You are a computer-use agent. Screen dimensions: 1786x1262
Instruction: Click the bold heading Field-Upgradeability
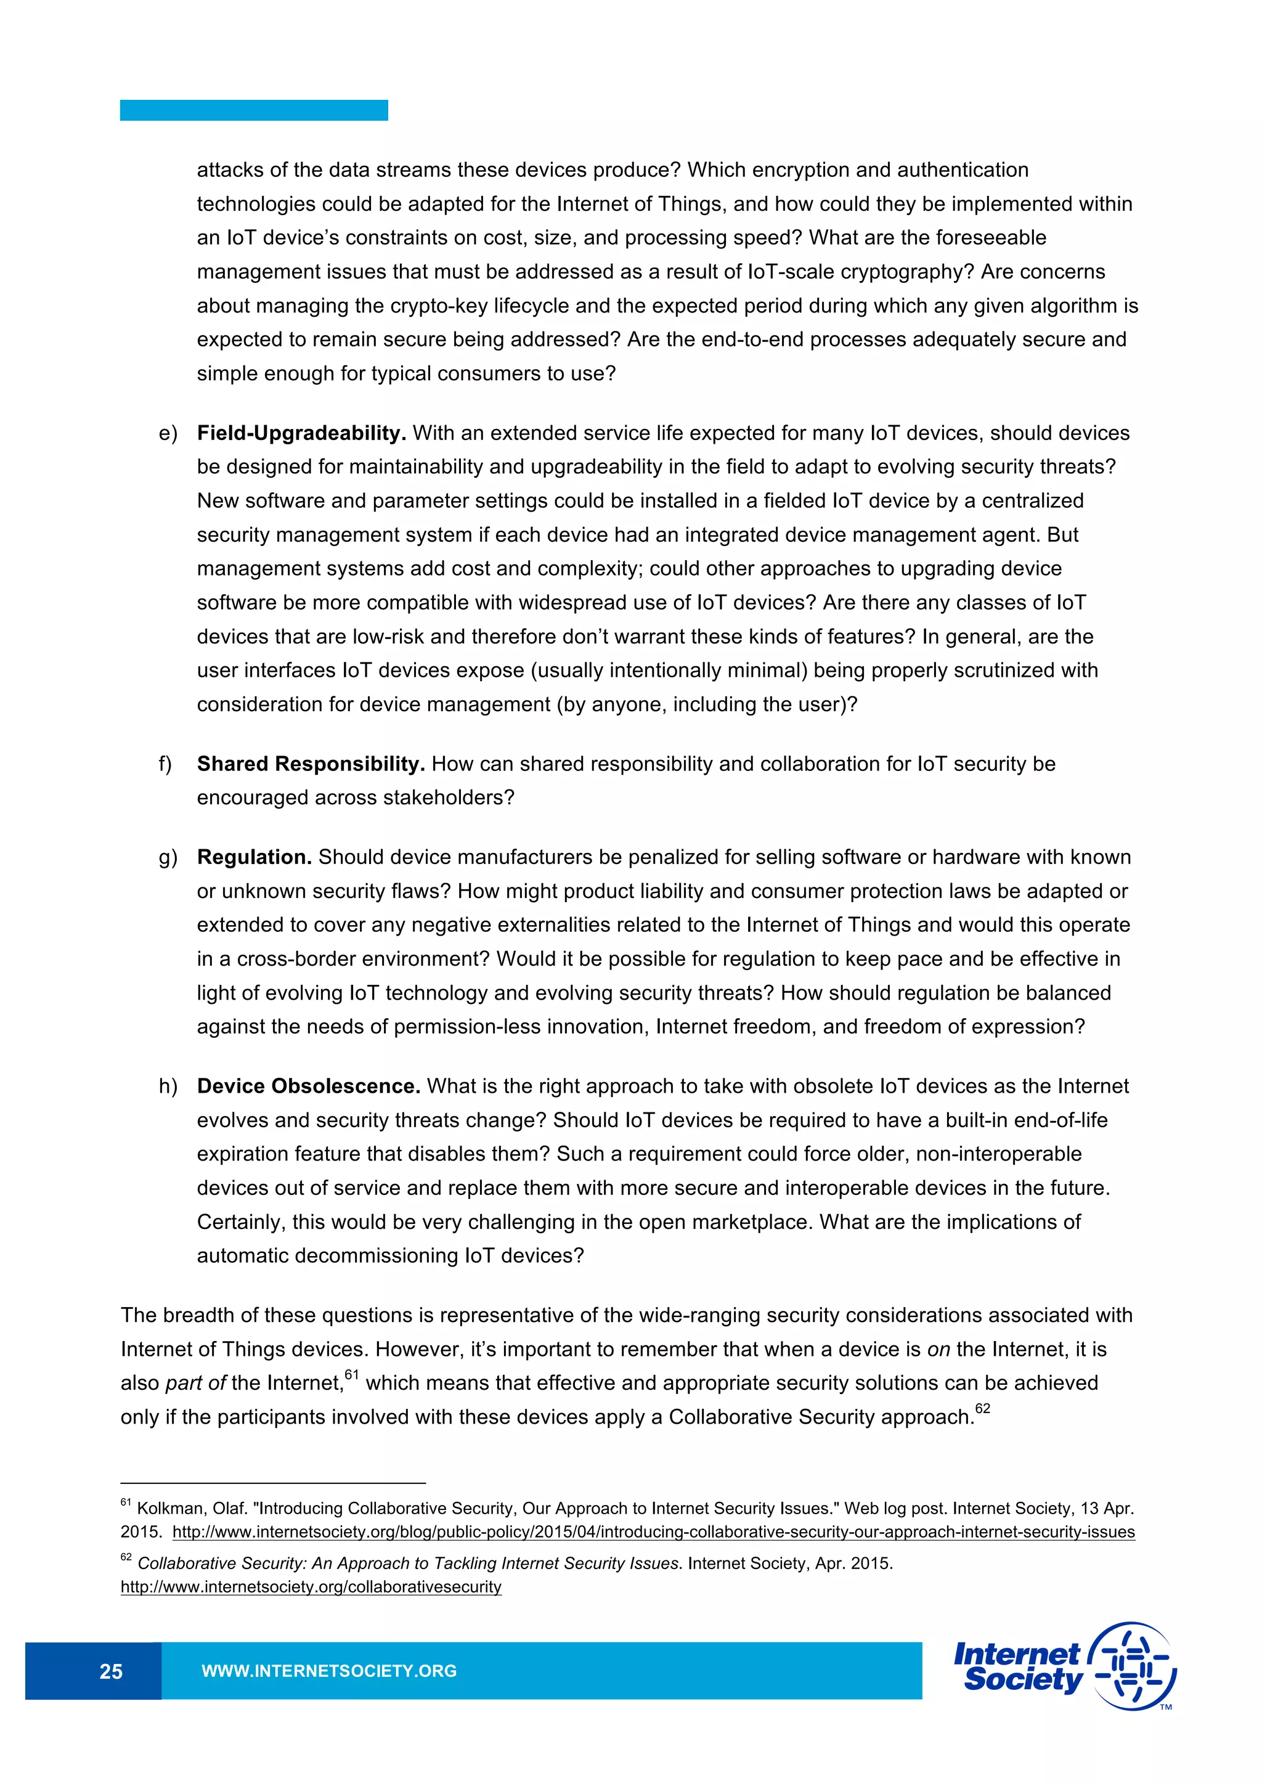[x=301, y=433]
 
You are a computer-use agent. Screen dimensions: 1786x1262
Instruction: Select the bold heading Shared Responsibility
[x=310, y=764]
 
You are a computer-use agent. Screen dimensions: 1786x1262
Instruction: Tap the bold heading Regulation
[x=254, y=857]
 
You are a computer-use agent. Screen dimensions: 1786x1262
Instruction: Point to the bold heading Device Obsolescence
[x=308, y=1086]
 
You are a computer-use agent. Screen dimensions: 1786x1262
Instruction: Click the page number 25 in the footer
[x=110, y=1671]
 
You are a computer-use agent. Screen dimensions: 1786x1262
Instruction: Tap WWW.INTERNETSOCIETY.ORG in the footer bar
[x=329, y=1671]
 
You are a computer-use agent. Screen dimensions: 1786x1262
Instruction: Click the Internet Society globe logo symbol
[x=1134, y=1666]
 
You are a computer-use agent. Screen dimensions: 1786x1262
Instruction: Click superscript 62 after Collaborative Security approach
[x=982, y=1409]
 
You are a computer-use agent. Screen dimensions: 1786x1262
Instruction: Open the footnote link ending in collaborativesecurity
[x=311, y=1587]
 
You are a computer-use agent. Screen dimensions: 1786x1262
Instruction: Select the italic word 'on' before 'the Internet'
[x=938, y=1350]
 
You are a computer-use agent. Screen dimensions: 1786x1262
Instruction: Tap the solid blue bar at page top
[x=253, y=110]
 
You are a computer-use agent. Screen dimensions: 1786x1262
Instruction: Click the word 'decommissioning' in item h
[x=362, y=1255]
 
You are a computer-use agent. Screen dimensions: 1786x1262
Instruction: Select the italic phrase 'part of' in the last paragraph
[x=195, y=1383]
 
